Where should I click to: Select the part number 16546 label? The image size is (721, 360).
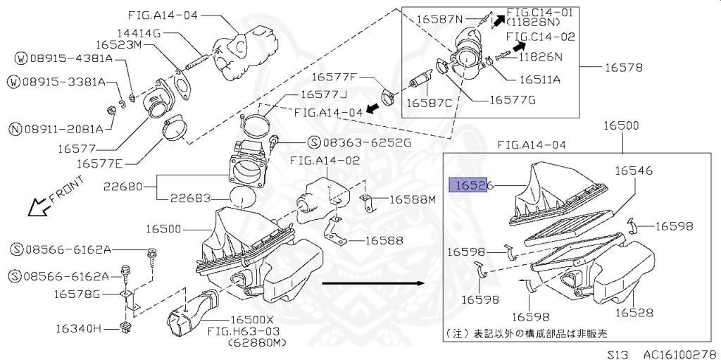pos(634,170)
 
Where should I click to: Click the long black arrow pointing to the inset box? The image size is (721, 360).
pos(372,283)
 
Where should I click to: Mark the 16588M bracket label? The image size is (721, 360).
pos(413,199)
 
